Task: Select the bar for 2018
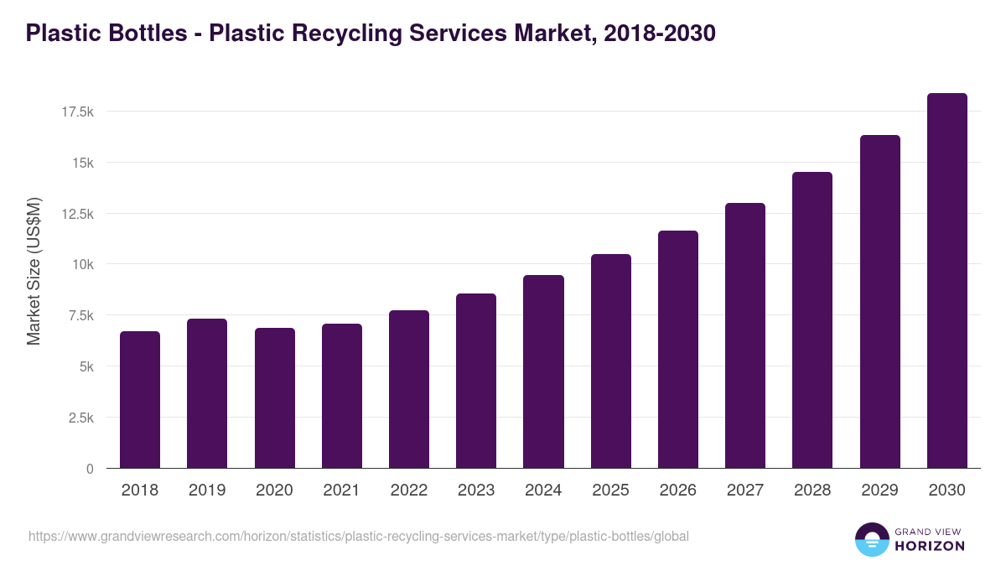click(x=140, y=400)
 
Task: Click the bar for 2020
click(x=275, y=398)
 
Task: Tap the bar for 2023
click(x=476, y=381)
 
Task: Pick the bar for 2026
click(x=678, y=350)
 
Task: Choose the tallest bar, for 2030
click(x=947, y=281)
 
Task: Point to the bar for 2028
click(x=812, y=320)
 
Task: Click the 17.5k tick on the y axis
click(x=77, y=112)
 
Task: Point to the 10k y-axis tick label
click(x=82, y=264)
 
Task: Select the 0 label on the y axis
click(x=90, y=469)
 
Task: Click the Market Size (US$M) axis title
click(x=34, y=271)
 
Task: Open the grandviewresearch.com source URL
click(x=359, y=536)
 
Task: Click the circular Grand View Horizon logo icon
click(x=872, y=539)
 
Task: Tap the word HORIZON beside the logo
click(x=929, y=546)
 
